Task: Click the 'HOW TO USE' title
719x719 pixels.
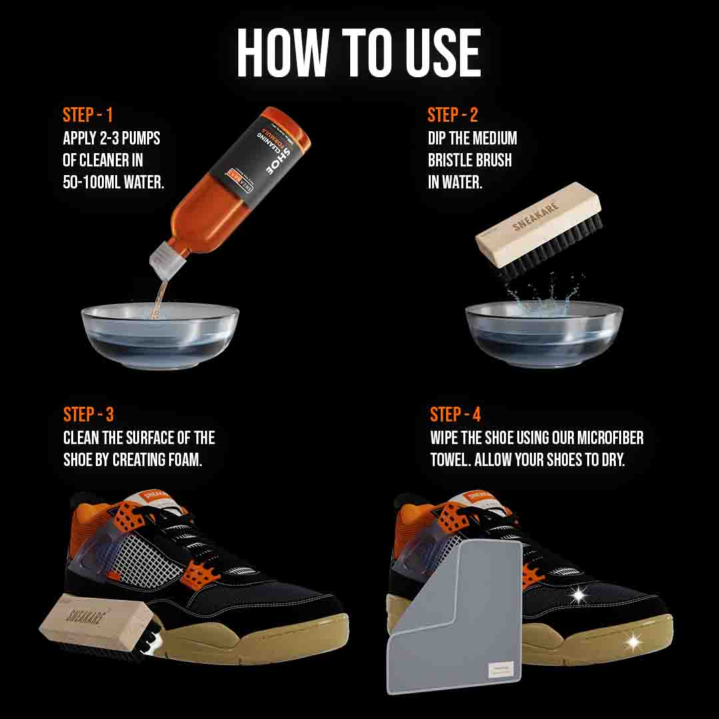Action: point(359,53)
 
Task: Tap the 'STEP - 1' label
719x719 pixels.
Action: point(88,115)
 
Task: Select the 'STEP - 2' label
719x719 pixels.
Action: point(453,115)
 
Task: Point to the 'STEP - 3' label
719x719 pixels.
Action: point(89,415)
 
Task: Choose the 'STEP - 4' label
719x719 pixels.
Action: point(455,415)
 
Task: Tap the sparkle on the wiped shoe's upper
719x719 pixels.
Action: point(577,594)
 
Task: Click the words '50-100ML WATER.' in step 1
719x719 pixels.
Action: point(113,182)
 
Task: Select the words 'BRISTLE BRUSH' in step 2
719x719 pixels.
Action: point(470,160)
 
